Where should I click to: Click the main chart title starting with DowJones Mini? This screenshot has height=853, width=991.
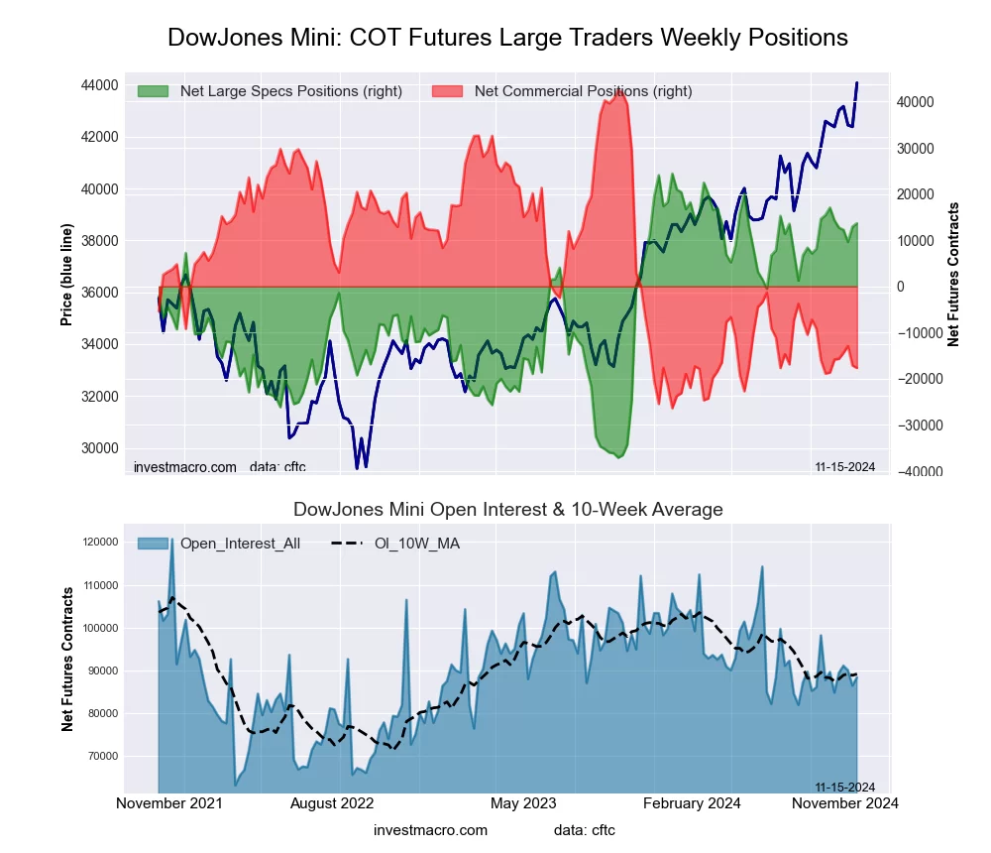click(x=507, y=38)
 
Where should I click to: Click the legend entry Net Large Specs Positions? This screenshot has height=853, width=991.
click(x=290, y=91)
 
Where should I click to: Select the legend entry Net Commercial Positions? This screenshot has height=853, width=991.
click(x=583, y=91)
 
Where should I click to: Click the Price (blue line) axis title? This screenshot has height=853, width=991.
click(x=66, y=275)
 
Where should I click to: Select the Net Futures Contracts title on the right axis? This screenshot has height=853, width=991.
click(x=954, y=275)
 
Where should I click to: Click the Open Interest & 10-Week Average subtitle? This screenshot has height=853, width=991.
click(x=507, y=510)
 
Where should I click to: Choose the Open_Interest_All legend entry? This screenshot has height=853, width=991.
click(x=239, y=543)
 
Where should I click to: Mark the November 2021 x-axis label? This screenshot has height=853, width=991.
click(x=169, y=802)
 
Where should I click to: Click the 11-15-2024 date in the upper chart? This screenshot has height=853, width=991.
click(x=844, y=467)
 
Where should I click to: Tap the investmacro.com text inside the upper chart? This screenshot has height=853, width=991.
click(x=185, y=467)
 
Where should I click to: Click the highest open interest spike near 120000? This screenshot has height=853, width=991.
click(x=172, y=540)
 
